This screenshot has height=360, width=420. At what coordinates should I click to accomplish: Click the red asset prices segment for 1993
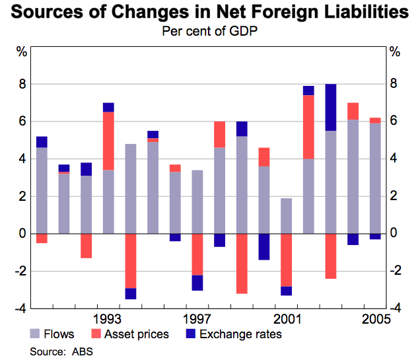click(x=108, y=141)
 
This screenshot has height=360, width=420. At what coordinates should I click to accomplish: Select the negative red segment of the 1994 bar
click(x=131, y=261)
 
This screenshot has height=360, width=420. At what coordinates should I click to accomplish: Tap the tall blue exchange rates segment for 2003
click(x=331, y=107)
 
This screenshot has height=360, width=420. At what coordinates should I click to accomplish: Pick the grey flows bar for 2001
click(x=286, y=216)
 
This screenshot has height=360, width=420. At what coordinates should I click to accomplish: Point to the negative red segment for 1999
click(x=242, y=263)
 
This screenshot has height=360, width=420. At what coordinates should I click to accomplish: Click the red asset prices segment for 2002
click(x=308, y=127)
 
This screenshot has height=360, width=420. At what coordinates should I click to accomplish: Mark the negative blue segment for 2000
click(x=264, y=246)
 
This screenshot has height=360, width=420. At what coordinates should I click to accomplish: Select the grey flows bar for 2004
click(x=353, y=176)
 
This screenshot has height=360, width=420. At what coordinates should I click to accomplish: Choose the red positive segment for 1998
click(x=219, y=134)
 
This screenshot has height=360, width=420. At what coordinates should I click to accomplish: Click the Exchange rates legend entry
click(x=232, y=334)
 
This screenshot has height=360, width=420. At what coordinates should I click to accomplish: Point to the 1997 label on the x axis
click(x=197, y=316)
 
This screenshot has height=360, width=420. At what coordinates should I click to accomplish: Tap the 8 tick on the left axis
click(x=22, y=85)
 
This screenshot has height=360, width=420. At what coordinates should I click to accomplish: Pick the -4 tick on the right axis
click(x=395, y=308)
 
